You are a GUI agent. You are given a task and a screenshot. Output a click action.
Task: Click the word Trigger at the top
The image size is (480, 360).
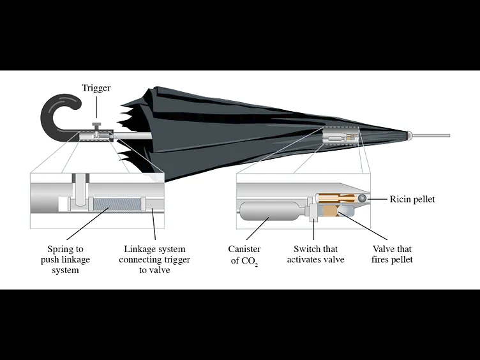(96, 88)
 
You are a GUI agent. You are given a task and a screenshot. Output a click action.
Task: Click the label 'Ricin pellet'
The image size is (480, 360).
(412, 200)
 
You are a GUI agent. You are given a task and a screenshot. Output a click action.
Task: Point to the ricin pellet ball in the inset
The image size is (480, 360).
(363, 199)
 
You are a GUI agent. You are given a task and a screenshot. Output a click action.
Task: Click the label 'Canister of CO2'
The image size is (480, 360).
(244, 254)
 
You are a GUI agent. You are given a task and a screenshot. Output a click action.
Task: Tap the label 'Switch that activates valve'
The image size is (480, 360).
(315, 254)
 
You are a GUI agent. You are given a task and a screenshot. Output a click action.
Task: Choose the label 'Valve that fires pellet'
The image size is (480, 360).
(393, 254)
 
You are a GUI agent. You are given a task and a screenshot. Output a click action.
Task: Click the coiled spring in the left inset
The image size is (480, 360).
(116, 203)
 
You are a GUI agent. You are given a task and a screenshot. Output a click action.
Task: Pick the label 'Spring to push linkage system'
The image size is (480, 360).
(65, 259)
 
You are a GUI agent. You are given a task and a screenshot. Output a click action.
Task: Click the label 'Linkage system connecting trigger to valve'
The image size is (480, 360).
(154, 259)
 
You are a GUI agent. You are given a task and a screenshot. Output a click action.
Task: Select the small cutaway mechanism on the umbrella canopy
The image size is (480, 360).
(341, 137)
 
